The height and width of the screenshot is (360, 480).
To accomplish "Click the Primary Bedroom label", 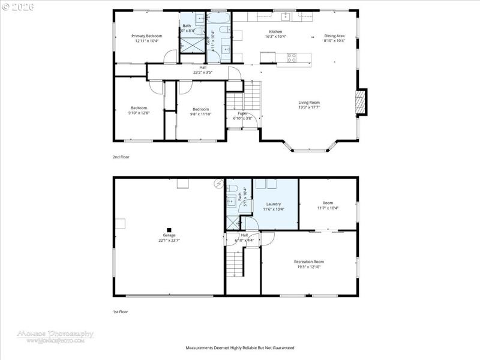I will (x=147, y=36).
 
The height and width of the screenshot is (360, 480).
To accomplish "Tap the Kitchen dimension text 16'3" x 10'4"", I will (x=275, y=37).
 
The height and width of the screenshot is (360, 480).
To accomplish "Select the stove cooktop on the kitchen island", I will (x=292, y=58).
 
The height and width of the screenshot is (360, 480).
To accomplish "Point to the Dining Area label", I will (x=334, y=36).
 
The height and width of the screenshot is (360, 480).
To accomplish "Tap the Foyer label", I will (x=242, y=113).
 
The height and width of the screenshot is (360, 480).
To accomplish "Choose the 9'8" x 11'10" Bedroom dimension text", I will (x=200, y=113).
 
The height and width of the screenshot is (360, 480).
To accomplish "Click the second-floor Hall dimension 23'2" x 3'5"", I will (x=203, y=73).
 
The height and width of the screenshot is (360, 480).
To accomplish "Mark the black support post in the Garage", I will (x=169, y=229).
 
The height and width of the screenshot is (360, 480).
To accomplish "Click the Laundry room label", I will (x=274, y=204).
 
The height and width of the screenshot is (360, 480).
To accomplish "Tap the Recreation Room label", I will (x=308, y=262).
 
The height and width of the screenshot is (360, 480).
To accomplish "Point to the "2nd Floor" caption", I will (x=121, y=157).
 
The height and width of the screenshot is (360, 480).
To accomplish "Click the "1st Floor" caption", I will (x=121, y=313).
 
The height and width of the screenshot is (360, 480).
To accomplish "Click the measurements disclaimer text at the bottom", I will (x=239, y=348).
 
